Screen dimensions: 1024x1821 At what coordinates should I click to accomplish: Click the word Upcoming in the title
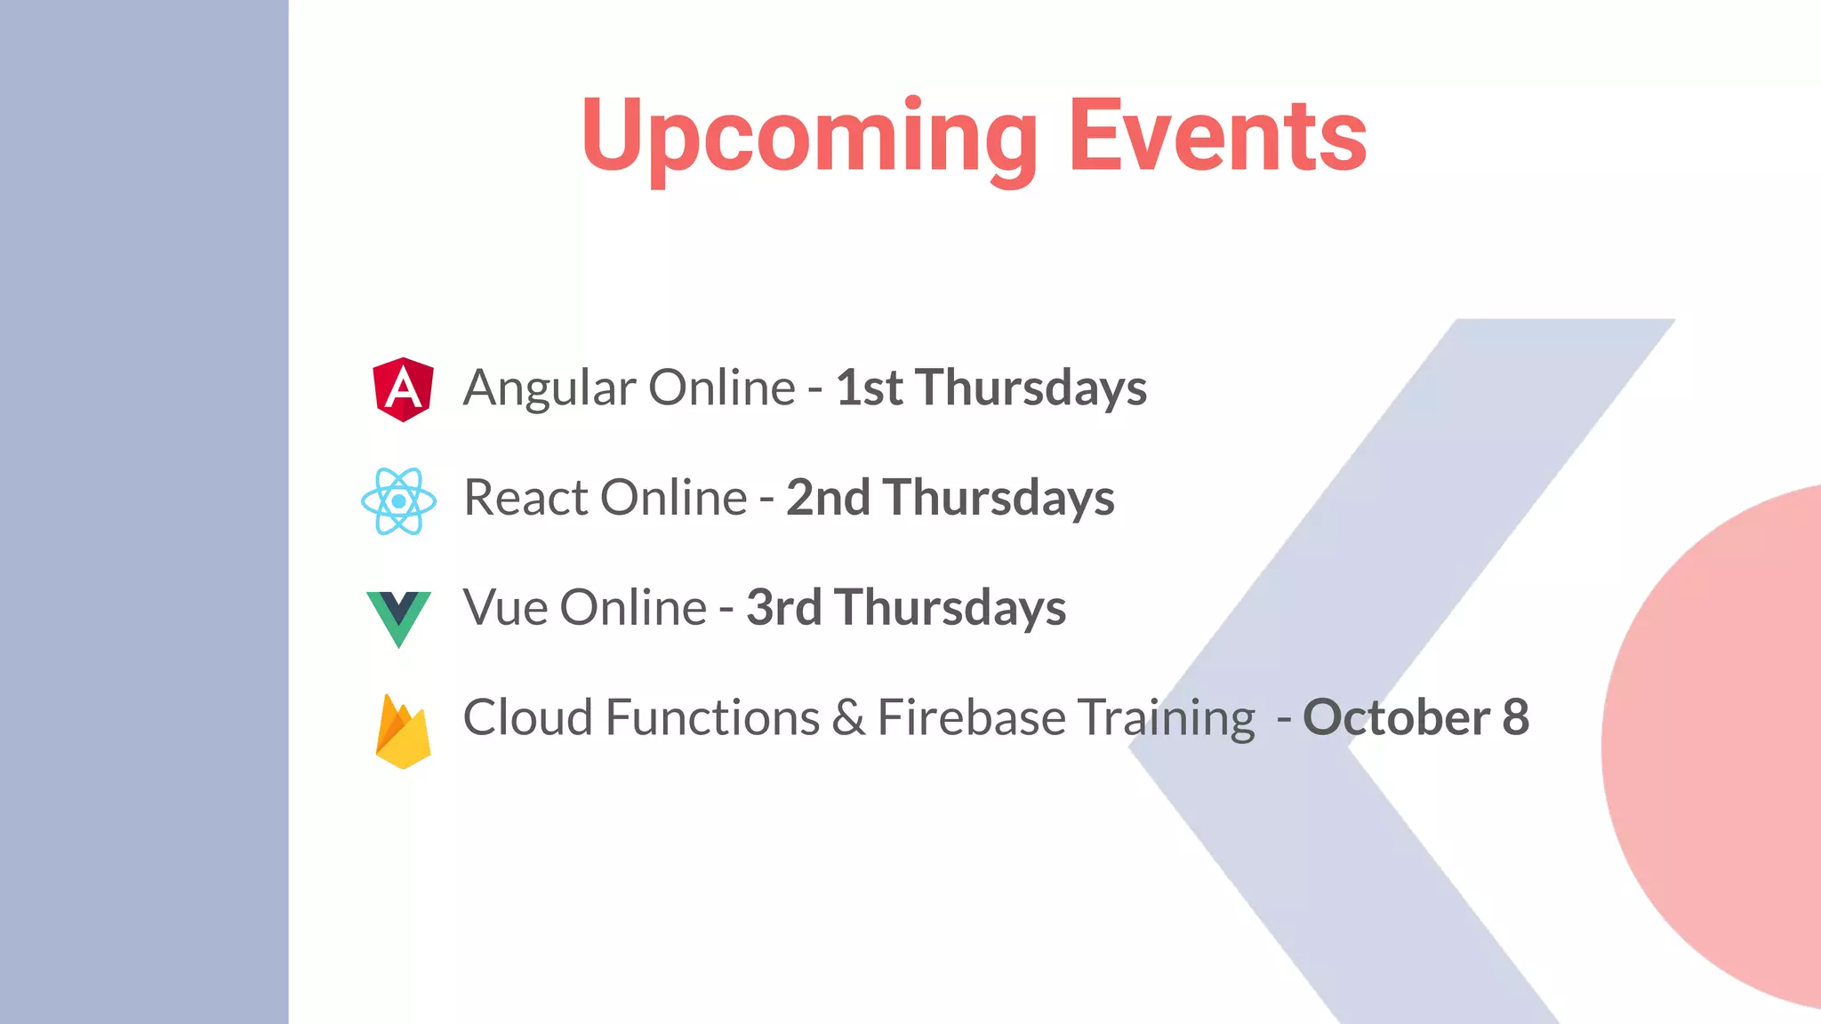809,138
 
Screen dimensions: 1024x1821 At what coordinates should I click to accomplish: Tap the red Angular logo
403,389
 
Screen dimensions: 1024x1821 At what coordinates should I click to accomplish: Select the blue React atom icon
398,501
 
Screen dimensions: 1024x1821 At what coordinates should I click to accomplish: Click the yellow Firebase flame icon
403,731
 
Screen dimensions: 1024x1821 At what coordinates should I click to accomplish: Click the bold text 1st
869,388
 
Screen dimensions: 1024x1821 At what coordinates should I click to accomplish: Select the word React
525,498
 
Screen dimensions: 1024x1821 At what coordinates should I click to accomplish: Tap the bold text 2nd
827,498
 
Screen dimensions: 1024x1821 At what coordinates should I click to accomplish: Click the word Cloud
527,717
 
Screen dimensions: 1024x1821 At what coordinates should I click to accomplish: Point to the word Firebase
971,717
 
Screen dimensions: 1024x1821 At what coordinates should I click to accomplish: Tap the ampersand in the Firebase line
848,718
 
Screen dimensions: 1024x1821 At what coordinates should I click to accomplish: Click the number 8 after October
1515,717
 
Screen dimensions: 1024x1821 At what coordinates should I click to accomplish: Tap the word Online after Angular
721,388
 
